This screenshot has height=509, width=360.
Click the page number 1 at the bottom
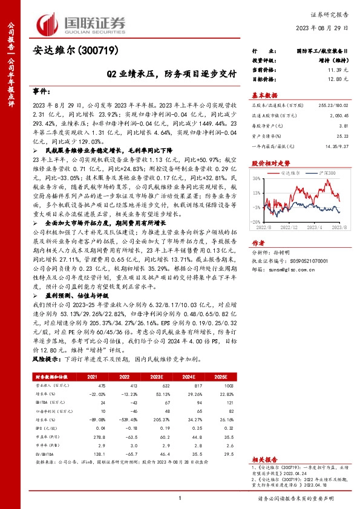pos(180,498)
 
